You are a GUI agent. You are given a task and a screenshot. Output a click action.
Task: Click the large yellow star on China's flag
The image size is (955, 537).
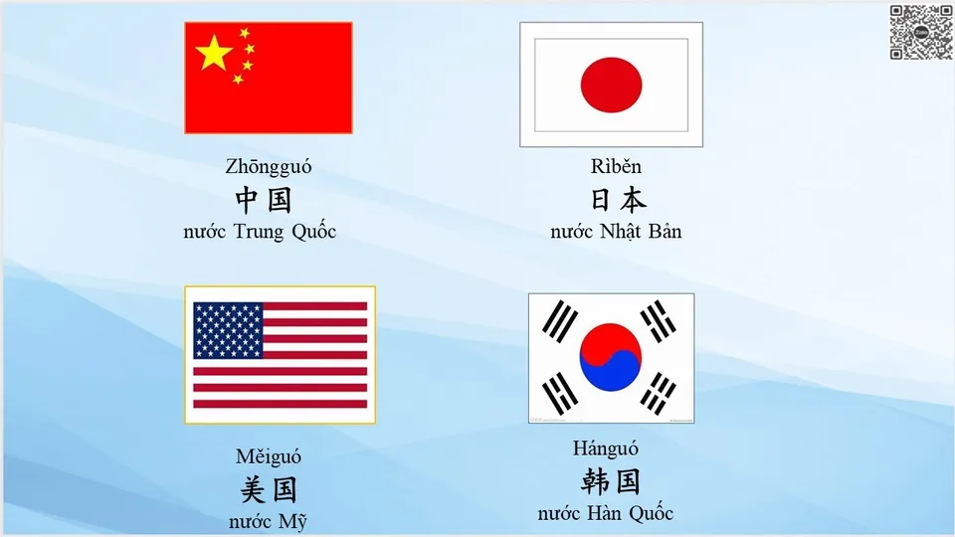pyautogui.click(x=214, y=53)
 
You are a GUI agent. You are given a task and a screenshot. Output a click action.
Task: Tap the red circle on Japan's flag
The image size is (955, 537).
pyautogui.click(x=611, y=85)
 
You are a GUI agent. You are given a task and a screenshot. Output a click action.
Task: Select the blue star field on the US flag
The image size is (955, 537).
pyautogui.click(x=228, y=330)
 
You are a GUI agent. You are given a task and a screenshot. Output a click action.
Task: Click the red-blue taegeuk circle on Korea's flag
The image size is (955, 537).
pyautogui.click(x=611, y=356)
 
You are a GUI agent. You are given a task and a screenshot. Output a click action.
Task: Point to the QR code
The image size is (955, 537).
pyautogui.click(x=920, y=32)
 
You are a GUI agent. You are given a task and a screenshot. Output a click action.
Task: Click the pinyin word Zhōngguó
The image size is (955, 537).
pyautogui.click(x=268, y=167)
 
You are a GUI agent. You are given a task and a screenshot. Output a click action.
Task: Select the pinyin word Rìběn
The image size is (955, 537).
pyautogui.click(x=616, y=167)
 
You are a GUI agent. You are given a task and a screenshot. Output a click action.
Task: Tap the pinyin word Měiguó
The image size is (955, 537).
pyautogui.click(x=269, y=456)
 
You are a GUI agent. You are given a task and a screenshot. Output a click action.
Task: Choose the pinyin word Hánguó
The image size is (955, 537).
pyautogui.click(x=605, y=448)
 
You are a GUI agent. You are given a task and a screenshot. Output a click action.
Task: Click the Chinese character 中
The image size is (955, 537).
pyautogui.click(x=249, y=200)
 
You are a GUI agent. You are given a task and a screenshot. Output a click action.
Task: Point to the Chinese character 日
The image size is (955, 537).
pyautogui.click(x=601, y=200)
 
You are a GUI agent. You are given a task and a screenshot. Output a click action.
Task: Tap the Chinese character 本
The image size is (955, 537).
pyautogui.click(x=632, y=200)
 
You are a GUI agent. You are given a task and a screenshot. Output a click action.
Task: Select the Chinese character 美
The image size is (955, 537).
pyautogui.click(x=254, y=489)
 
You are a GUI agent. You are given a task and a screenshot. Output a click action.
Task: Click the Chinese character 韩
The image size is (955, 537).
pyautogui.click(x=595, y=481)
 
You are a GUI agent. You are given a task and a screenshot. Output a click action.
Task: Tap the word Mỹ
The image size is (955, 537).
pyautogui.click(x=292, y=522)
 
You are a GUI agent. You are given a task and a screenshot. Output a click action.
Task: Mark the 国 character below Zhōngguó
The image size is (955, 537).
pyautogui.click(x=280, y=200)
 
